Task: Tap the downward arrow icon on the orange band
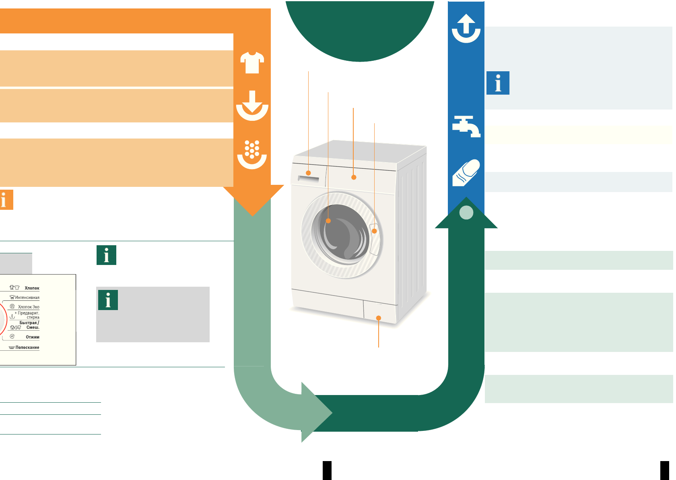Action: tap(252, 105)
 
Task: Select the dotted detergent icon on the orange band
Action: tap(252, 154)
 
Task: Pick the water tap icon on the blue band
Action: tap(466, 126)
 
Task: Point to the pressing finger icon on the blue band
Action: tap(466, 173)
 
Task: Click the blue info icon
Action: tap(498, 83)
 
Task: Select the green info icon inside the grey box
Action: tap(108, 300)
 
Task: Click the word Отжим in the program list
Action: tap(33, 337)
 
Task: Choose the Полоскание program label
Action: tap(27, 347)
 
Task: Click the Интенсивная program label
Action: tap(27, 298)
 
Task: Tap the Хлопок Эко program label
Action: tap(29, 307)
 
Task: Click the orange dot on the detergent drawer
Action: tap(309, 173)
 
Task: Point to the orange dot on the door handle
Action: tap(374, 231)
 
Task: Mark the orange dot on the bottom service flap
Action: tap(378, 318)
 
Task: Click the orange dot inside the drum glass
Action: tap(328, 221)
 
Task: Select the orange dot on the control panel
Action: tap(354, 177)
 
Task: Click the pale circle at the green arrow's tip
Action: tap(466, 212)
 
